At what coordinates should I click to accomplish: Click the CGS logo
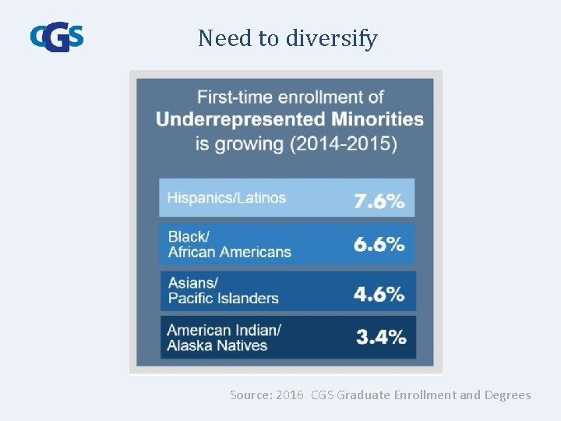(56, 37)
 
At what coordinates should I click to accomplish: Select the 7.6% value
(379, 200)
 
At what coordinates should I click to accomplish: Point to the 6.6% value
(379, 244)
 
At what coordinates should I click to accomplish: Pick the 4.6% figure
(379, 294)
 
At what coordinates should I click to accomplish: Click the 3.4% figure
(381, 338)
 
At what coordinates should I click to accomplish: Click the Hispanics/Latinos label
(227, 198)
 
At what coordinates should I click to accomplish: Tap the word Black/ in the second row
(189, 236)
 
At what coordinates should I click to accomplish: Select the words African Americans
(230, 252)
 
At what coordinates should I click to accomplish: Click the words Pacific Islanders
(224, 298)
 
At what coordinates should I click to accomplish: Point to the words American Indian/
(224, 329)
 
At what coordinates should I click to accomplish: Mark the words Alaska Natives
(217, 345)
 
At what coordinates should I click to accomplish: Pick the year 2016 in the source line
(289, 395)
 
